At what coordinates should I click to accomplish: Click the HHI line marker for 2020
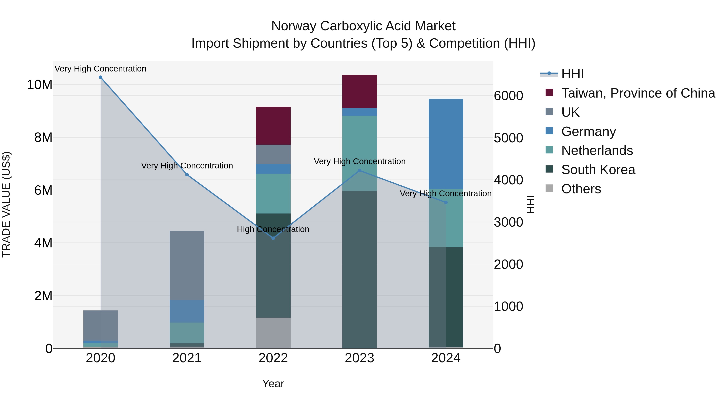point(101,77)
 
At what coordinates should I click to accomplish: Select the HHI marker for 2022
point(273,238)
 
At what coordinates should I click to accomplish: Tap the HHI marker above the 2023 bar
point(359,170)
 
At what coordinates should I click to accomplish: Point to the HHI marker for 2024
point(446,202)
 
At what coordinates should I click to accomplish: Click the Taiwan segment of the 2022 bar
point(273,126)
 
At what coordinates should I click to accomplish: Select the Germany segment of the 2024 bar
point(446,144)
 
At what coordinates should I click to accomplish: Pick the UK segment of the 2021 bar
point(187,265)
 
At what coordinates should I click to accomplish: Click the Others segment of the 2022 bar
point(273,333)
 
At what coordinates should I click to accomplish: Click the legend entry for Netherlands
point(597,150)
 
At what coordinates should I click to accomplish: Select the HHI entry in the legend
point(572,74)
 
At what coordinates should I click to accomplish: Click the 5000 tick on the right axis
point(508,138)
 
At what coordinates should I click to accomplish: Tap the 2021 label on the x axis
point(187,358)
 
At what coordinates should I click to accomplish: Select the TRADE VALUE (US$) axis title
point(6,204)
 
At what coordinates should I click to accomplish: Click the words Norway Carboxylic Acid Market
point(363,26)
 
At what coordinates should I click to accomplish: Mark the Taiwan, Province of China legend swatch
point(549,92)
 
